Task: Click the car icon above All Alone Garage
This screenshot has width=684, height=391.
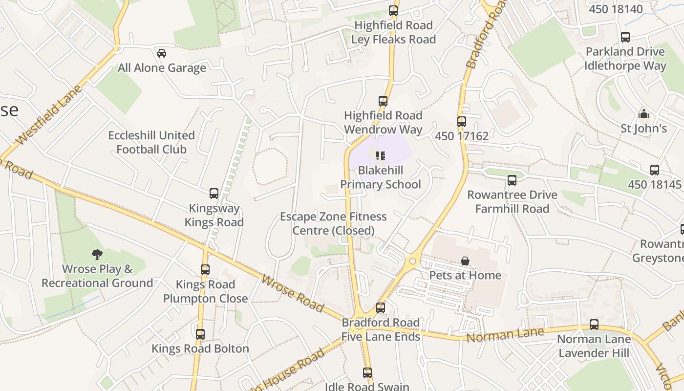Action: click(162, 53)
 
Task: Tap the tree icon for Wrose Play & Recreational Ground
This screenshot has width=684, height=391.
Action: click(97, 254)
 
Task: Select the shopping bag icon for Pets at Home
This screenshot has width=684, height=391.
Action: click(465, 261)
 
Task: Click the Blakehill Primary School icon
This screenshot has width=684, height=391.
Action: click(381, 156)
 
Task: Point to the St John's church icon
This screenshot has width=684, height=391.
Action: click(644, 114)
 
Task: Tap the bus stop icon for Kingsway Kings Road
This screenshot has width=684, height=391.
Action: click(214, 194)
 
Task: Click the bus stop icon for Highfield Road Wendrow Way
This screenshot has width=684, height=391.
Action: click(383, 101)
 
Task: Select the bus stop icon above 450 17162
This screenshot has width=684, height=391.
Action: click(462, 122)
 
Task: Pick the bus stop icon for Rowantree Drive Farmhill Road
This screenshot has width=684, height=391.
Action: click(512, 180)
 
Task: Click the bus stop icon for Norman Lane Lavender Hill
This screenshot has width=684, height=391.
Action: click(594, 325)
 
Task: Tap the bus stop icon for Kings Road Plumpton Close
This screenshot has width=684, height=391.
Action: click(205, 270)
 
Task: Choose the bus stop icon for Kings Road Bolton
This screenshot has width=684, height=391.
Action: click(200, 334)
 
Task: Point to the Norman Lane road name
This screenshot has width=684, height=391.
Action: click(505, 336)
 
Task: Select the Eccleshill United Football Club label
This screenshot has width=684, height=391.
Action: click(151, 142)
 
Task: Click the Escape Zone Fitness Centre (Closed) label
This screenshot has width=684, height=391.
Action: click(333, 223)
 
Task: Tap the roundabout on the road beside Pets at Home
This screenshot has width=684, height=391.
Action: click(413, 261)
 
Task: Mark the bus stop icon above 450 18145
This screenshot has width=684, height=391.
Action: click(655, 170)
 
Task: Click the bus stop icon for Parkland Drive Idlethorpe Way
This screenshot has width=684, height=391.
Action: click(625, 37)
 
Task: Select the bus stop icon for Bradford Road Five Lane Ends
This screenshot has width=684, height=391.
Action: click(381, 308)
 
